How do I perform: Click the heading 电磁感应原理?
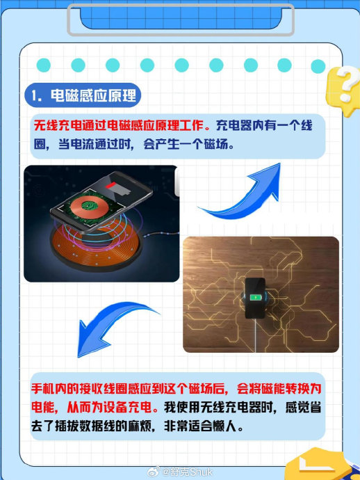93,95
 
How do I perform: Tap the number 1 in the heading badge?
35,96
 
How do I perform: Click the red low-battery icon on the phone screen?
111,186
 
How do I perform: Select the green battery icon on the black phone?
254,297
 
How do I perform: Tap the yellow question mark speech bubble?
343,90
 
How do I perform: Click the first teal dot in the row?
43,65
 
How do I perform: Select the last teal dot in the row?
318,66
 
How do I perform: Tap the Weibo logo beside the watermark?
154,472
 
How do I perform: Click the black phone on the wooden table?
255,298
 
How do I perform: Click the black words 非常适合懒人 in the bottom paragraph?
200,426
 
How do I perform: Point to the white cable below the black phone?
255,335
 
